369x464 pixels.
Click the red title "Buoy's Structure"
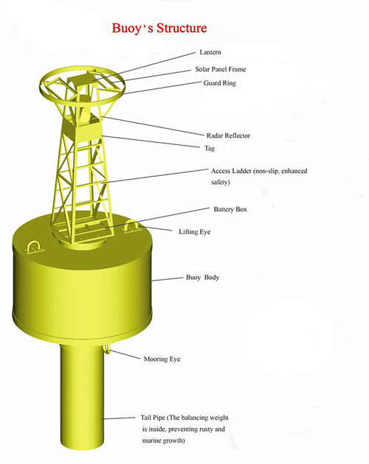pos(159,29)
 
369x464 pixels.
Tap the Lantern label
pos(210,52)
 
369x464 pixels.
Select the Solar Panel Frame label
pos(221,69)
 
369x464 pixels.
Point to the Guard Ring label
pos(220,82)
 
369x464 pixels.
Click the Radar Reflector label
pos(228,136)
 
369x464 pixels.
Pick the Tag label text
pos(210,148)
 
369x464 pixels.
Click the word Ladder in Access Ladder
pos(241,171)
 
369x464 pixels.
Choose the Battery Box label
pos(230,209)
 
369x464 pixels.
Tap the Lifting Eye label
pos(195,232)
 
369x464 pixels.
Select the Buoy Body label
pos(203,277)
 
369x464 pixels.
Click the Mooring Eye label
pos(162,359)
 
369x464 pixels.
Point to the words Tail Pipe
pos(153,418)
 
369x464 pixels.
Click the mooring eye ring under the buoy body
pos(107,350)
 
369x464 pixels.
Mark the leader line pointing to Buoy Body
pos(168,279)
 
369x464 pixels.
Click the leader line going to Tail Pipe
pos(118,418)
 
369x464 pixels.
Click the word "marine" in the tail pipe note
pos(153,440)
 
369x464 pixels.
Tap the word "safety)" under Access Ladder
pos(221,182)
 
